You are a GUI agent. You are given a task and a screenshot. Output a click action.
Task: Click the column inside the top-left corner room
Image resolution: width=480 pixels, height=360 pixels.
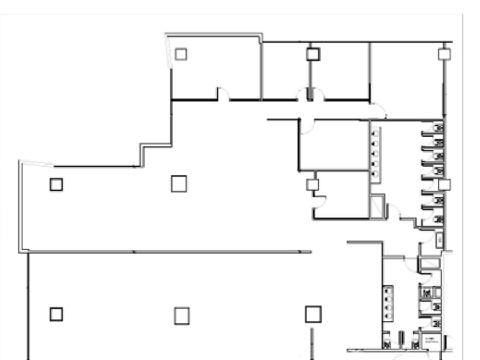pos(181,54)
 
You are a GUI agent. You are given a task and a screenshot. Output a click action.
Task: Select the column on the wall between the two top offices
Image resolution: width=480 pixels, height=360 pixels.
pos(312,54)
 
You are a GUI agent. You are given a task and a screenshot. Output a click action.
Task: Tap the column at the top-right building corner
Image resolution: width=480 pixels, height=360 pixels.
pos(444,54)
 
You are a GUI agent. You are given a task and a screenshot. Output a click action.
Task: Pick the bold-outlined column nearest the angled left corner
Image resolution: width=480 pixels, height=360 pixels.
pos(56,185)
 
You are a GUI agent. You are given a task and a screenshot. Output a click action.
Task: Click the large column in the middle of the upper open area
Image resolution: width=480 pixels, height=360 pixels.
pos(179,183)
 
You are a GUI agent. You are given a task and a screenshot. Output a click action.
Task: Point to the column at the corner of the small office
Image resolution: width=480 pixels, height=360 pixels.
pos(312,185)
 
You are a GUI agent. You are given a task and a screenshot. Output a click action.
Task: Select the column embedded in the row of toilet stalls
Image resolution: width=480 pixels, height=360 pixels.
pos(444,185)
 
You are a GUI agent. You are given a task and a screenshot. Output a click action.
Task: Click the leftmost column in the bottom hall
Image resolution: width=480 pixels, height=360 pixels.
pos(56,314)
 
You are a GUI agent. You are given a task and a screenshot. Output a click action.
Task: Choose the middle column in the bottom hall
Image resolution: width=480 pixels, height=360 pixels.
pos(182,315)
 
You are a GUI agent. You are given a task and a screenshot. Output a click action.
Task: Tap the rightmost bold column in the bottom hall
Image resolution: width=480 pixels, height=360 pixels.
pos(313,314)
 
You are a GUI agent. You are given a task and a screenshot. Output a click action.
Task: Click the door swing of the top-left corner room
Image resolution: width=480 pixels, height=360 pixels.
pos(223,95)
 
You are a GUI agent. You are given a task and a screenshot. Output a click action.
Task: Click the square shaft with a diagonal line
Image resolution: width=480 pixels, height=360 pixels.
pos(377,206)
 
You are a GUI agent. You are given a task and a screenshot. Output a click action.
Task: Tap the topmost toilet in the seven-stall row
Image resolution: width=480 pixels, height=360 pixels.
pos(438,127)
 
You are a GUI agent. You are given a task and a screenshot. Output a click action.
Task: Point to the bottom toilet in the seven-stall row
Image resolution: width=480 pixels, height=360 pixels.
pos(438,219)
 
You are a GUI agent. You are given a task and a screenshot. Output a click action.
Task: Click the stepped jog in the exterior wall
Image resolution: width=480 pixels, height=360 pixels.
pos(143,155)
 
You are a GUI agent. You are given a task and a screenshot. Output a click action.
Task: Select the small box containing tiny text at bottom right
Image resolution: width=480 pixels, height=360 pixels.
pos(429,342)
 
